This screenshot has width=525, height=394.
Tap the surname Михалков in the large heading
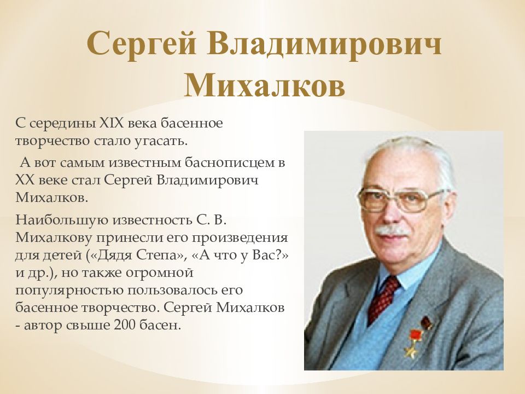tap(265, 85)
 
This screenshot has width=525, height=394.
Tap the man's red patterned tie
tap(384, 296)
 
